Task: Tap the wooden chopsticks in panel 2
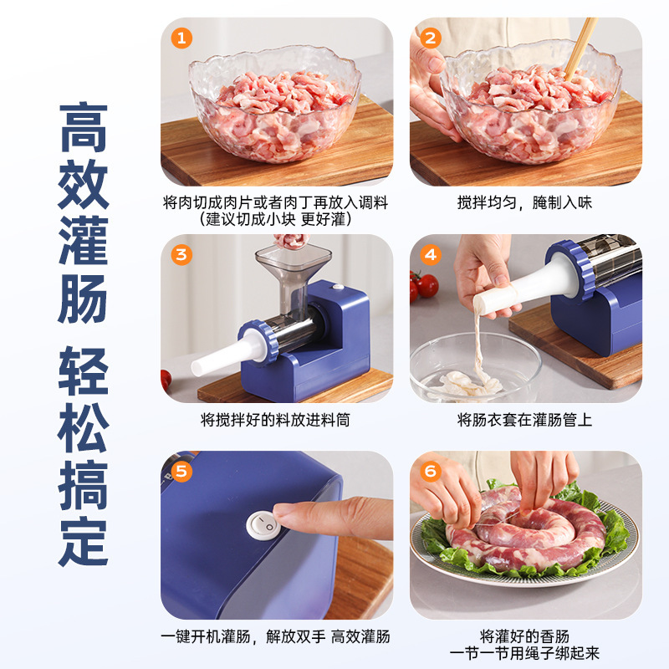582,47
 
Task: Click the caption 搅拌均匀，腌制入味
524,203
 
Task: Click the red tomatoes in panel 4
424,285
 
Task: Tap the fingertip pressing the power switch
289,516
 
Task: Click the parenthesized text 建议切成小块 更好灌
275,219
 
